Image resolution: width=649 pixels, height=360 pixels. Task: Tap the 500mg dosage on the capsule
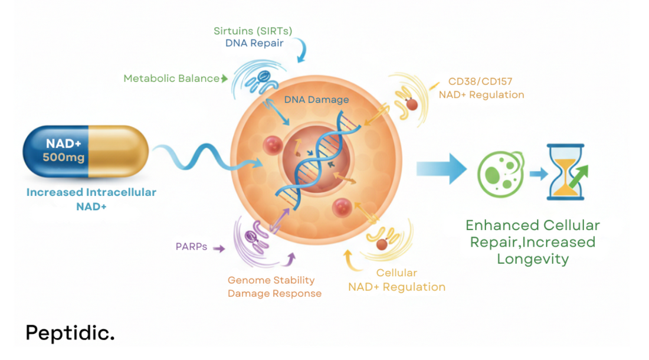coord(64,158)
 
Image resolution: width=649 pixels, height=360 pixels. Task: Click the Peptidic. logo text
coord(70,333)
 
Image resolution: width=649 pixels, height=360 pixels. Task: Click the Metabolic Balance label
coord(171,78)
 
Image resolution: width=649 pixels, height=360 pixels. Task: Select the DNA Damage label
coord(316,100)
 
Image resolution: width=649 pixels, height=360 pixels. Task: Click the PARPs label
coord(191,247)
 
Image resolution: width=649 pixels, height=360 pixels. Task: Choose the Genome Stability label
coord(271,280)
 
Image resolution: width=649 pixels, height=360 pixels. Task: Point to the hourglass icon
coord(565,172)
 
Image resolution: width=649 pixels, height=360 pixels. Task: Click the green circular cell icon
coord(500,173)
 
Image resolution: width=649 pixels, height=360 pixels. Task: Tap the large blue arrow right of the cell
coord(442,168)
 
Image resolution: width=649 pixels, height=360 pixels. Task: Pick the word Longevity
coord(532,259)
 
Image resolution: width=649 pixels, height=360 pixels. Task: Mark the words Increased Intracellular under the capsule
coord(91,192)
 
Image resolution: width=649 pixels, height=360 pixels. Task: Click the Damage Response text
coord(274,293)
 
